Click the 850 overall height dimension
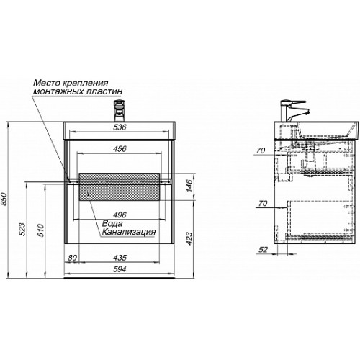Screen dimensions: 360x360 click(4, 199)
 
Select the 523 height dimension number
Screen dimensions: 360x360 click(22, 229)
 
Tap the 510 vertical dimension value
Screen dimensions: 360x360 click(41, 230)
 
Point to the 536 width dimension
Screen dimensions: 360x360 click(120, 127)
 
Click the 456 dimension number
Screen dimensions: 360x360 click(120, 149)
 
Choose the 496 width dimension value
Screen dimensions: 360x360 click(120, 215)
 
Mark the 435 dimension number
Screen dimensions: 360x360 click(120, 258)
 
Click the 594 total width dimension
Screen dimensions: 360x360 click(120, 269)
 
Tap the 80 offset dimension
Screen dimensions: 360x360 click(72, 258)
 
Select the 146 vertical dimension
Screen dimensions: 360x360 click(189, 185)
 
